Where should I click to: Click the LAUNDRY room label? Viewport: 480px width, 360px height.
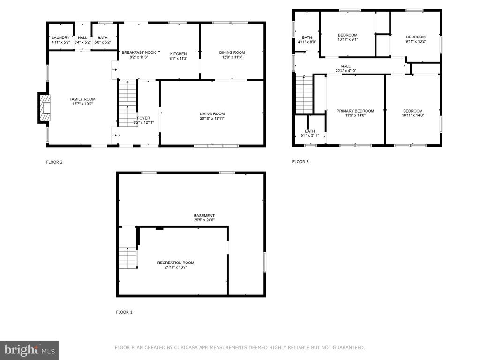60,37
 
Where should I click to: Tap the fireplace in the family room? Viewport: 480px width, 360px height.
44,108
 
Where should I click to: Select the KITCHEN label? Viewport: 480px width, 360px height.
179,54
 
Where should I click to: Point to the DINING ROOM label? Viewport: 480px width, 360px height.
232,52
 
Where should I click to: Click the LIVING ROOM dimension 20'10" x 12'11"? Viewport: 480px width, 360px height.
212,118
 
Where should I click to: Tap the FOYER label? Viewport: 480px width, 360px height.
143,118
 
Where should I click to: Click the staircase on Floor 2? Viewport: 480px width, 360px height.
127,103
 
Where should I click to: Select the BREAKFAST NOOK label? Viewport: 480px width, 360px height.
139,52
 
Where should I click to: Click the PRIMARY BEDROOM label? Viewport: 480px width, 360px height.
355,111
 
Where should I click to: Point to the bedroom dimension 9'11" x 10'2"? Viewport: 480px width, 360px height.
416,41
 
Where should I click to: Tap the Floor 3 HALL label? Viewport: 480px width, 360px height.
346,66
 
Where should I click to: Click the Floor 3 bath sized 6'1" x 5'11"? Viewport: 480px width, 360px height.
310,130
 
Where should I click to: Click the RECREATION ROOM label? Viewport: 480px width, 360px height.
176,262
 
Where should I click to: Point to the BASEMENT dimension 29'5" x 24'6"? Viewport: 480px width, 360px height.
204,220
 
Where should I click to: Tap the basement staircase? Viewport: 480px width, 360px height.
127,257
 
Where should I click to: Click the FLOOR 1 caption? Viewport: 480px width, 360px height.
124,312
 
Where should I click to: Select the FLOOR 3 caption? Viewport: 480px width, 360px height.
300,162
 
